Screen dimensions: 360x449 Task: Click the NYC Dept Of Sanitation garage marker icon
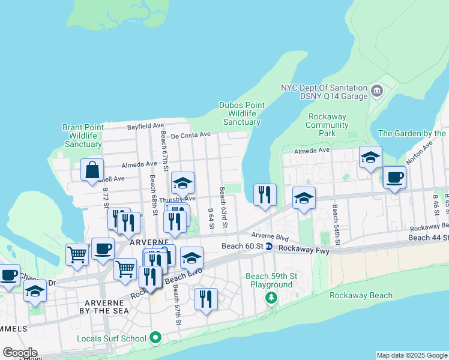[376, 91]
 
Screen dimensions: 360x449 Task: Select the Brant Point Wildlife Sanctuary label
[83, 136]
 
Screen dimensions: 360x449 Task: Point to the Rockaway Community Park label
[327, 125]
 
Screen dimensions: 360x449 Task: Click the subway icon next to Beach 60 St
[270, 247]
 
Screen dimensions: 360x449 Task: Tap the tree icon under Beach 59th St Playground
[271, 297]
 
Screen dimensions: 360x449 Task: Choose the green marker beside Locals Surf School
[155, 338]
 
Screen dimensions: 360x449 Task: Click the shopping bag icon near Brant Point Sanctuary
[92, 170]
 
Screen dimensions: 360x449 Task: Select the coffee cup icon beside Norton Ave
[394, 177]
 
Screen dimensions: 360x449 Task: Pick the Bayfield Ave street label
[145, 127]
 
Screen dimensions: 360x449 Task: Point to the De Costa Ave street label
[191, 135]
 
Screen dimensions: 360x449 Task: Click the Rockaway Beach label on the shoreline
[361, 295]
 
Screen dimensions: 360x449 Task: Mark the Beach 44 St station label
[428, 238]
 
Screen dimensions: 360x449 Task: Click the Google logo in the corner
[20, 352]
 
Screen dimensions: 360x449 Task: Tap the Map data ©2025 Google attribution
[412, 355]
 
